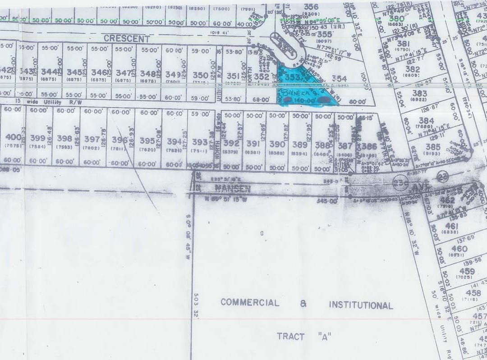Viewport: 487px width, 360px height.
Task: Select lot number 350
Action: [200, 75]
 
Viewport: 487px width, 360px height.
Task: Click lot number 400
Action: [14, 137]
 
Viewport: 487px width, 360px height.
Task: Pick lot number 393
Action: [200, 142]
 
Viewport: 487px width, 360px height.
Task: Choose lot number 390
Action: [277, 144]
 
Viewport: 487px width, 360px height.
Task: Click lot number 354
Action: [339, 79]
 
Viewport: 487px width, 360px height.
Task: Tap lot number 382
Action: [413, 69]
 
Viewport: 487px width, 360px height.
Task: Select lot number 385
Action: [432, 146]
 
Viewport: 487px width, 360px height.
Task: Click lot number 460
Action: [459, 249]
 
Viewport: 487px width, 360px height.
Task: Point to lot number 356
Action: [311, 6]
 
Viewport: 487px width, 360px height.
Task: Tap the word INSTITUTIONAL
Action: [360, 305]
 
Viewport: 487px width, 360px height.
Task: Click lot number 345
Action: [74, 72]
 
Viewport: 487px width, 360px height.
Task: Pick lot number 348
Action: [148, 73]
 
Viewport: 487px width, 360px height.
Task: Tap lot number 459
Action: [467, 271]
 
